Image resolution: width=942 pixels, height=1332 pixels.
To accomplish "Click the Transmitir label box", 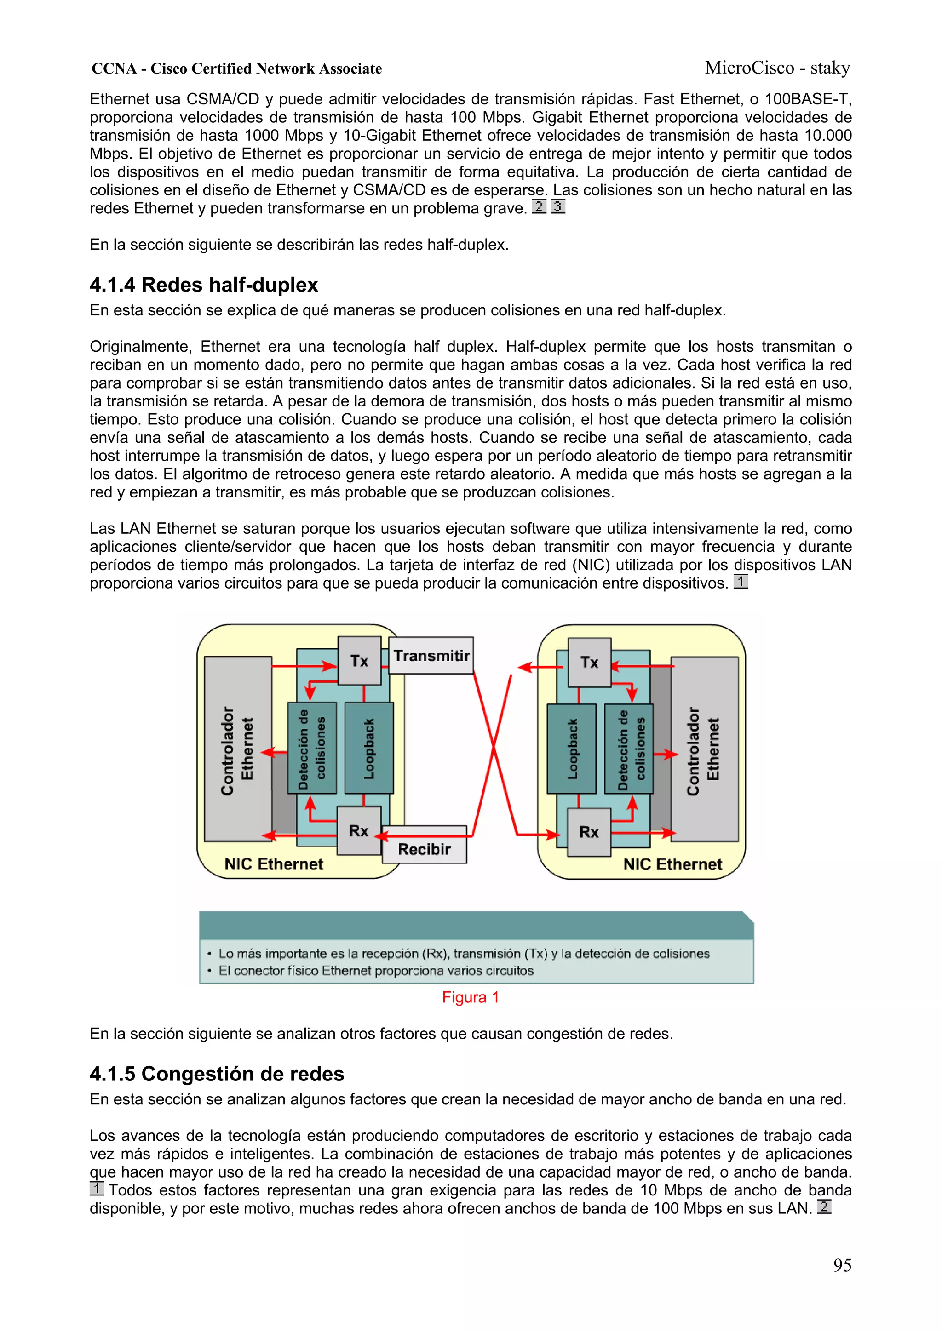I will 431,656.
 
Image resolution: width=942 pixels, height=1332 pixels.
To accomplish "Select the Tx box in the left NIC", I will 359,661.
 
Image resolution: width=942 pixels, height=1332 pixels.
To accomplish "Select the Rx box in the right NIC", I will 589,832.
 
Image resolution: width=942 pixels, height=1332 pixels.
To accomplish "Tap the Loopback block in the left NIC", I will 369,748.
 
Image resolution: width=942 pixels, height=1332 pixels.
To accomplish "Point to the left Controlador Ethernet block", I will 238,749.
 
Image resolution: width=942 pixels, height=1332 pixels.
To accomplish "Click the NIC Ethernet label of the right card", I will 672,864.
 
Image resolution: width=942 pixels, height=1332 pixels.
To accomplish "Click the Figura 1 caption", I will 470,997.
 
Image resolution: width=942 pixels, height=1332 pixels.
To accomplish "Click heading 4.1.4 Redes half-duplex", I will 204,285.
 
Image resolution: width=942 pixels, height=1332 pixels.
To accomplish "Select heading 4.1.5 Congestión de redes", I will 217,1074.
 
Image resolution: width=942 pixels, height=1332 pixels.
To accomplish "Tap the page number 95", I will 842,1265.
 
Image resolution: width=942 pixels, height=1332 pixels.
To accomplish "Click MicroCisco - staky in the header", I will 777,68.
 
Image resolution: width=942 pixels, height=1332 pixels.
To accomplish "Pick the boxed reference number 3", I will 557,206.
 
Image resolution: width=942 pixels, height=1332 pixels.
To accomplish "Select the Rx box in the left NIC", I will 359,830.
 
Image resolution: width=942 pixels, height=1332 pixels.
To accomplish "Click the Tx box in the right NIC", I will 589,662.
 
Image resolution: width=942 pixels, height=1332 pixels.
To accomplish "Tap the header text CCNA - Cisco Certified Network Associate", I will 237,69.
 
